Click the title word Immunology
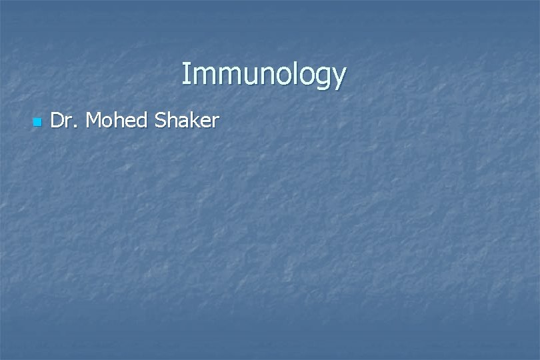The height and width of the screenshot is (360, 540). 263,75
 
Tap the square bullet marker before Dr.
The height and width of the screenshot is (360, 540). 37,123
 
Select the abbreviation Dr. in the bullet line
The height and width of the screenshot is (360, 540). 65,121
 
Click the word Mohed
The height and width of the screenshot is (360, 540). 117,121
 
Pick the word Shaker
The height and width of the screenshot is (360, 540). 187,121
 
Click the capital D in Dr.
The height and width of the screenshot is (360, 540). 57,121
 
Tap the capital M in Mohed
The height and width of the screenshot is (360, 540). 95,121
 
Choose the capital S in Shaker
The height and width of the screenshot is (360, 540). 160,121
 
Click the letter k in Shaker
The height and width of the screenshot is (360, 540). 194,120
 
